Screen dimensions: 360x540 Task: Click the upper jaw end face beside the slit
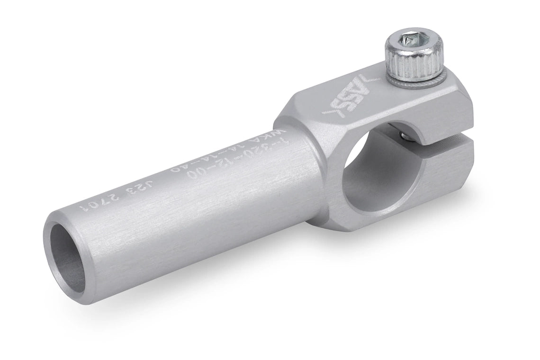pos(454,114)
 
